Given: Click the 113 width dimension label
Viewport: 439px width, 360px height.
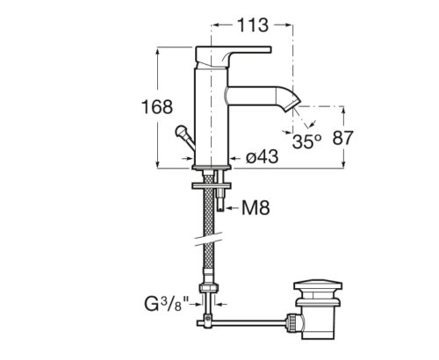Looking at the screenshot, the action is pos(253,25).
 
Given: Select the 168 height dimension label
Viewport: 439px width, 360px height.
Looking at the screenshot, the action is pos(157,107).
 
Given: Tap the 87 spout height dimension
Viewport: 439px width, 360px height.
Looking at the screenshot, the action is pos(343,138).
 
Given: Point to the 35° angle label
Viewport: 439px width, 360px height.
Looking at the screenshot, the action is pos(306,141).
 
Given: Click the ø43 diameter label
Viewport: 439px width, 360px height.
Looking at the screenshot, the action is pos(262,156).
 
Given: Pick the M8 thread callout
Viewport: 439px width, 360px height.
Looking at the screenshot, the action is pos(255,208).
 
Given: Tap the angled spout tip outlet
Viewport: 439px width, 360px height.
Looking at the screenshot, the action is pos(292,103).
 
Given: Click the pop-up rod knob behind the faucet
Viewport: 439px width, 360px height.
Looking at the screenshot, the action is pos(180,131).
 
